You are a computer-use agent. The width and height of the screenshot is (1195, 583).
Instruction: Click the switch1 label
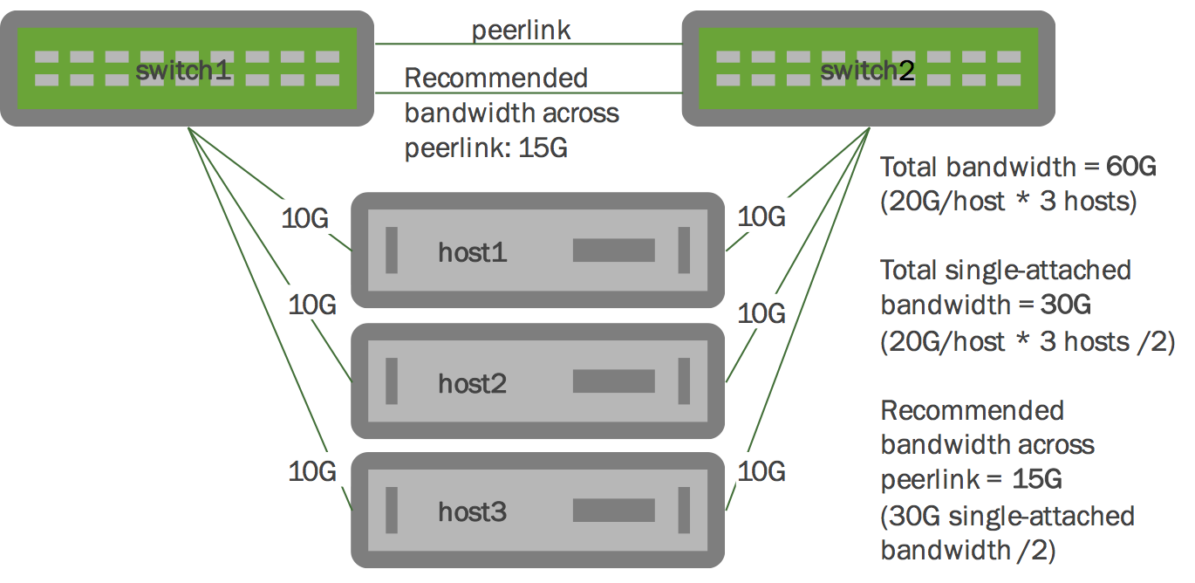click(x=182, y=69)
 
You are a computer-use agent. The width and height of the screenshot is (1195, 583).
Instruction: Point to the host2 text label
click(x=472, y=383)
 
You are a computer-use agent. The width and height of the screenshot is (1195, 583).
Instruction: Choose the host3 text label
click(x=472, y=512)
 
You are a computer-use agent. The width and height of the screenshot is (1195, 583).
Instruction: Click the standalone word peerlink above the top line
click(x=521, y=31)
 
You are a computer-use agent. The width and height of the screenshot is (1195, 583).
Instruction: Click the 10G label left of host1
click(x=305, y=217)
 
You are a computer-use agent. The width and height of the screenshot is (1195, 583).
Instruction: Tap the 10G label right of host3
click(x=761, y=471)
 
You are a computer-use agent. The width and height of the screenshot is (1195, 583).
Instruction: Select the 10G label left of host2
click(x=312, y=305)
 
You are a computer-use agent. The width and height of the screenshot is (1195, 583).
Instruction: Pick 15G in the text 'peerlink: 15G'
click(x=543, y=147)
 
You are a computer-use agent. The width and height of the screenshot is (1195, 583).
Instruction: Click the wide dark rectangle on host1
click(x=613, y=250)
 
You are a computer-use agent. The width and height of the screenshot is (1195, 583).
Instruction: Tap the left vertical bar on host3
click(x=392, y=511)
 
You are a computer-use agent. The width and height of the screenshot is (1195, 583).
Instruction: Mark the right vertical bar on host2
click(x=684, y=381)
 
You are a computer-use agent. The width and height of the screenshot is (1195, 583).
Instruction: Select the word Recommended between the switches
click(x=496, y=78)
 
